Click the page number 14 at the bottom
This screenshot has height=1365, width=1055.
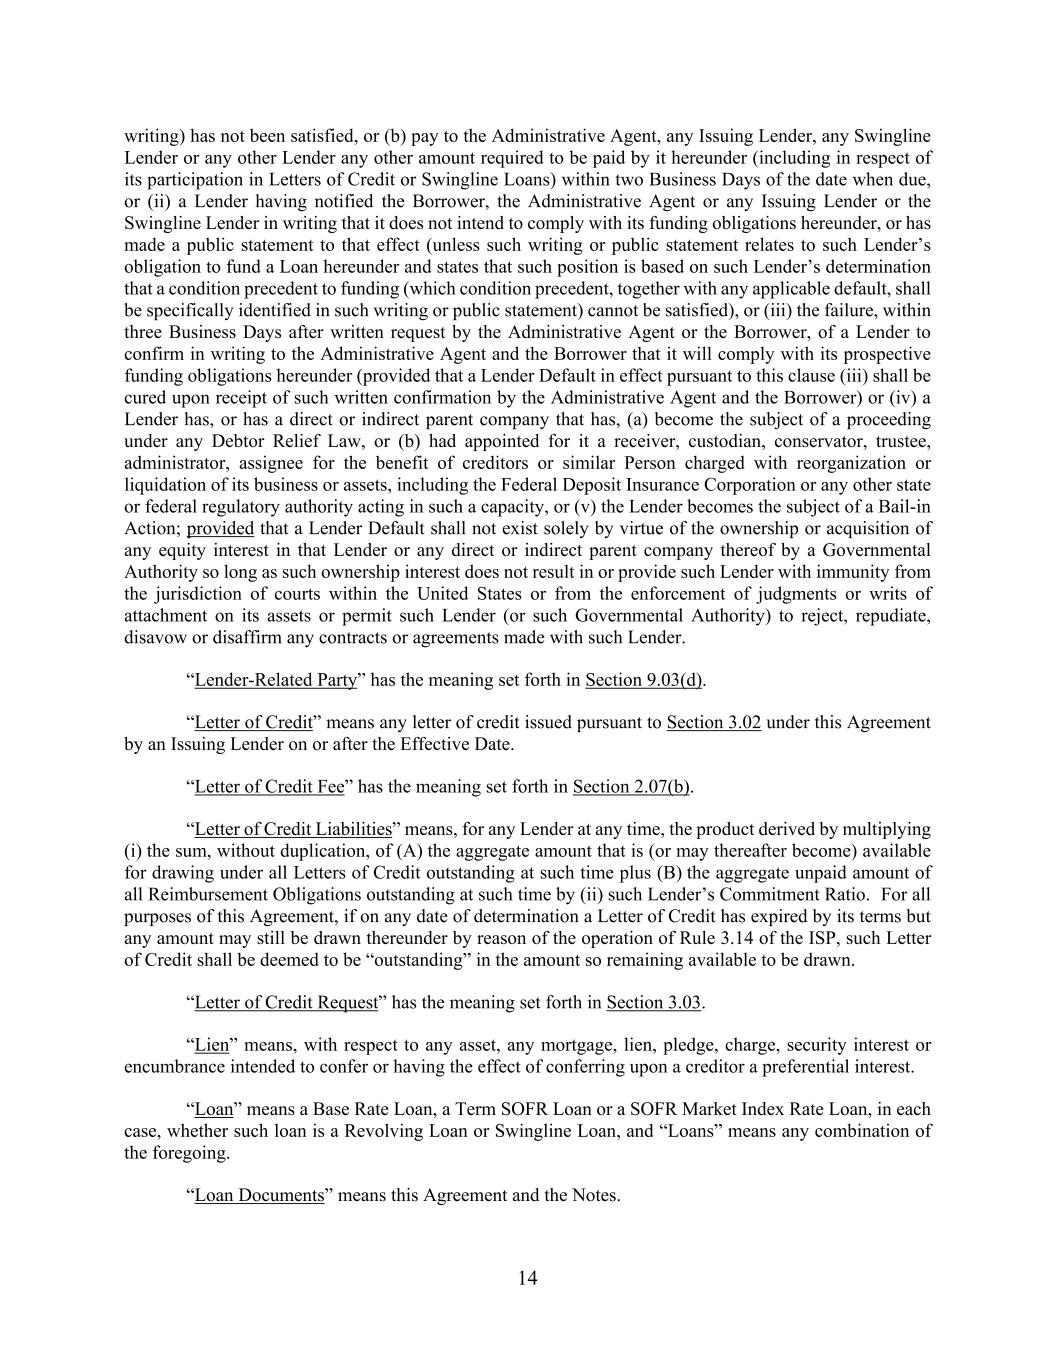click(528, 1278)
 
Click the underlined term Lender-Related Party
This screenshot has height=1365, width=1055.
click(275, 680)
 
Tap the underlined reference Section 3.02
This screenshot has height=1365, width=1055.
click(713, 722)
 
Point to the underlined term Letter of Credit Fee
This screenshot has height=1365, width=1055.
click(269, 786)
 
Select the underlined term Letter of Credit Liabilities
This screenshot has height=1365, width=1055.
click(292, 829)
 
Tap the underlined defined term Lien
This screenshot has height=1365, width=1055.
click(211, 1045)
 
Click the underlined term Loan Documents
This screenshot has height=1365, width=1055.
click(259, 1195)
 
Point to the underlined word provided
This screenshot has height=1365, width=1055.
click(220, 528)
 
